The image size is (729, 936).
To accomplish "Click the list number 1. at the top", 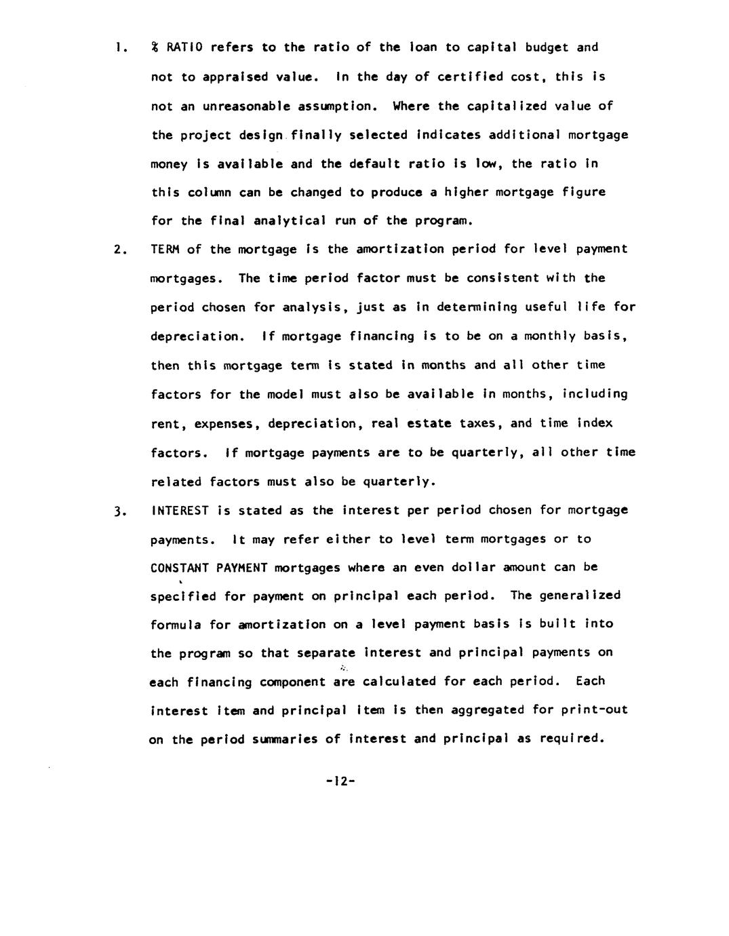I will click(x=119, y=48).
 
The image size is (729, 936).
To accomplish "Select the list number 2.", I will click(x=119, y=250).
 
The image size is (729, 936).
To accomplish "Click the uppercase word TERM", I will click(x=165, y=250).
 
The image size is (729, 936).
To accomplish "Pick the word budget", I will click(x=547, y=47).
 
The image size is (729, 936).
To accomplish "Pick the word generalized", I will click(x=580, y=596).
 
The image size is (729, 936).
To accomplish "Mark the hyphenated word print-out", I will click(x=595, y=710).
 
